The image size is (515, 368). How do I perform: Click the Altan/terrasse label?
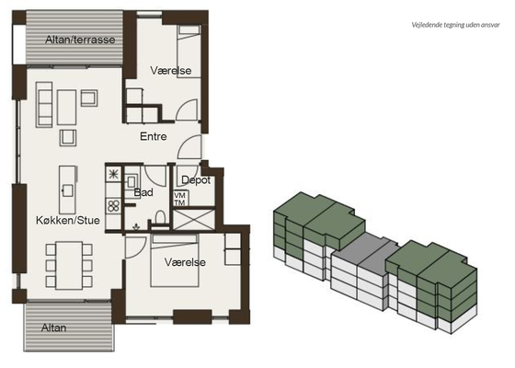point(80,40)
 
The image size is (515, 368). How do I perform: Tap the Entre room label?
point(153,136)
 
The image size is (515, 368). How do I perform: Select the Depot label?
point(196,180)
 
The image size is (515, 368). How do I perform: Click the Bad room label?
point(143,192)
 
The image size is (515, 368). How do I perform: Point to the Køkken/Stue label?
point(68,220)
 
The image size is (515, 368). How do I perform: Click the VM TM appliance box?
point(180,199)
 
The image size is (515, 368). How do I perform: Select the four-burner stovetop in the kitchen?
point(114,206)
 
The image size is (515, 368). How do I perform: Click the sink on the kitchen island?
point(67,190)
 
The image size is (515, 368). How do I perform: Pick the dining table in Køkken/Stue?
point(69,266)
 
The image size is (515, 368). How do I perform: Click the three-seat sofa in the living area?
point(44,105)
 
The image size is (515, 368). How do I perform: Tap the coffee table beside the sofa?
point(66,108)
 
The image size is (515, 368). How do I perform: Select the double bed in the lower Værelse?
point(175,260)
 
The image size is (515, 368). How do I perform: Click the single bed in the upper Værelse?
point(189,52)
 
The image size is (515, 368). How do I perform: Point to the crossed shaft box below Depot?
point(194,219)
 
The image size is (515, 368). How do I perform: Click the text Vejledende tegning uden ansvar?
point(455,25)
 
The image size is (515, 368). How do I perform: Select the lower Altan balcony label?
point(54,328)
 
